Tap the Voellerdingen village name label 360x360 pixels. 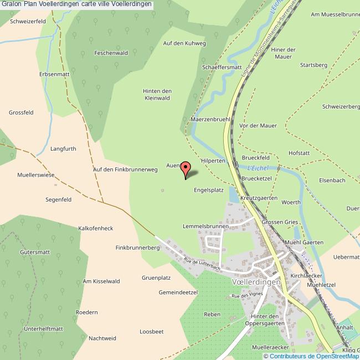[254, 281]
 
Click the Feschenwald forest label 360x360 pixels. [111, 53]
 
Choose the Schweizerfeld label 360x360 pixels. [28, 21]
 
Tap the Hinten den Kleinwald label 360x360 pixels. [157, 95]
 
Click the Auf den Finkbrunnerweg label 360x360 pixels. [125, 169]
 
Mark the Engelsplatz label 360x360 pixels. [208, 189]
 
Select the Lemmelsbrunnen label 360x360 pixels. [205, 227]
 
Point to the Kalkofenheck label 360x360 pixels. [96, 228]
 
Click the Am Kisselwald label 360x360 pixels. [101, 281]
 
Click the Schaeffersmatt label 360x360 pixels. [222, 67]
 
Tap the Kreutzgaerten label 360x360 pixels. [259, 197]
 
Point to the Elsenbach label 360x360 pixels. [332, 181]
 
